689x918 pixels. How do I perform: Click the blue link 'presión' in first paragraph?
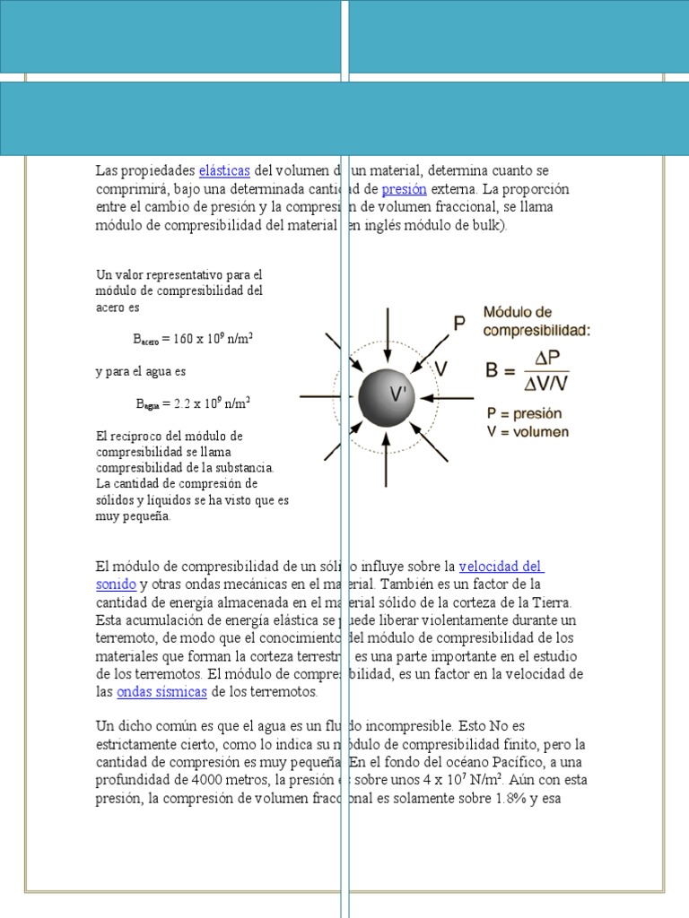(404, 189)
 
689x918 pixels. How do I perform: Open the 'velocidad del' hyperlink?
(501, 567)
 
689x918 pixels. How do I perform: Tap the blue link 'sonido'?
(116, 585)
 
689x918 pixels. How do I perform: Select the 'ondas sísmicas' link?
(161, 692)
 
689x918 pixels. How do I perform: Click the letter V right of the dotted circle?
(441, 368)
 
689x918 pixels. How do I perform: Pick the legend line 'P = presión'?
(524, 414)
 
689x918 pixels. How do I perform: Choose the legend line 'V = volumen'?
(528, 432)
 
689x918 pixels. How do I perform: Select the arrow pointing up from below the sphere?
(387, 462)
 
